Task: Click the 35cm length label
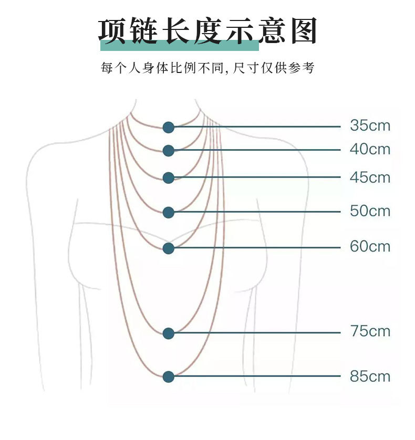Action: click(370, 126)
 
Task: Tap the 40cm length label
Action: click(370, 150)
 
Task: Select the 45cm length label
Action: click(370, 177)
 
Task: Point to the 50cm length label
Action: click(370, 211)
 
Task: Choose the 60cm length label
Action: click(370, 246)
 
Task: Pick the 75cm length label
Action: click(370, 332)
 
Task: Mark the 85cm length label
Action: click(370, 376)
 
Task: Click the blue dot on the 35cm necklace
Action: click(168, 127)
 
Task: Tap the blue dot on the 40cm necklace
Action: click(168, 151)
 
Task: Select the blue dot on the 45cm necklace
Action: click(168, 178)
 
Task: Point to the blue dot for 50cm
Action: click(168, 212)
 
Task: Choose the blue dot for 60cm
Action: click(168, 247)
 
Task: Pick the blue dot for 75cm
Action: click(168, 333)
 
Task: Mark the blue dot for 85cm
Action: click(168, 376)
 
